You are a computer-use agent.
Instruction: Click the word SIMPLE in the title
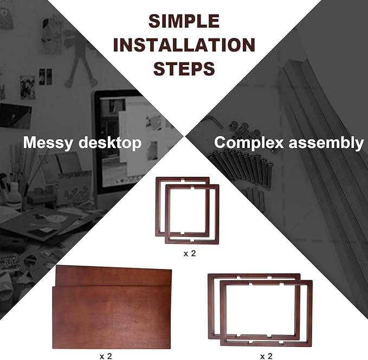184,22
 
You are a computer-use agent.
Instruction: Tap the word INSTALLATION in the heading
184,46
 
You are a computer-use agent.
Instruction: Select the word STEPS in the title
184,69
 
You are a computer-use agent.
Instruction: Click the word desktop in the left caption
113,144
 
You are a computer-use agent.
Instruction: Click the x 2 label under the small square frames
189,254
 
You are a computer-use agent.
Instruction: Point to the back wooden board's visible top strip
114,275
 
